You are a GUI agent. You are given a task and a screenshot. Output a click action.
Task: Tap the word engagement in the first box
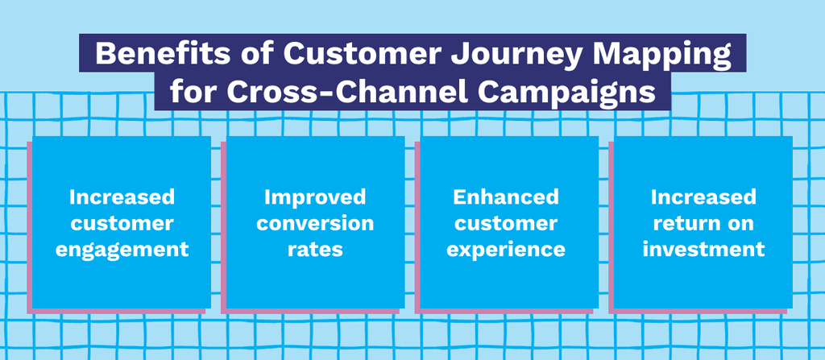[x=122, y=250]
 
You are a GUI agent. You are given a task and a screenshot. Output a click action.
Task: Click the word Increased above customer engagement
[x=122, y=197]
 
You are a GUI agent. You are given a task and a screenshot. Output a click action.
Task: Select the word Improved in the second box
[x=315, y=198]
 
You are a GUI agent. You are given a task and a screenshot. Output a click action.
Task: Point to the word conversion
[x=315, y=223]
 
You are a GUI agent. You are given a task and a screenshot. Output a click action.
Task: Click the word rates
[x=315, y=250]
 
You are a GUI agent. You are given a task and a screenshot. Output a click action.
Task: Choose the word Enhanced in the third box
[x=506, y=197]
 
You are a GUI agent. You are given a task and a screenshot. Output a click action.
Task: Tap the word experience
[x=506, y=250]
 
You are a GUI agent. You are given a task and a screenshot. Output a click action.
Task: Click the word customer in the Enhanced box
[x=506, y=224]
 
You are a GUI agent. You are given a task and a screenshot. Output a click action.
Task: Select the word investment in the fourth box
[x=703, y=250]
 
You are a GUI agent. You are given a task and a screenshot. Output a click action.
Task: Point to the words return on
[x=703, y=224]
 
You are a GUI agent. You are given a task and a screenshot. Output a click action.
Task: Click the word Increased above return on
[x=703, y=197]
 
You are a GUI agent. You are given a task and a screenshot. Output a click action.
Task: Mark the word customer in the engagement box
[x=122, y=224]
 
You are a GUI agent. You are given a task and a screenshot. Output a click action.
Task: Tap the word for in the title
[x=193, y=93]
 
